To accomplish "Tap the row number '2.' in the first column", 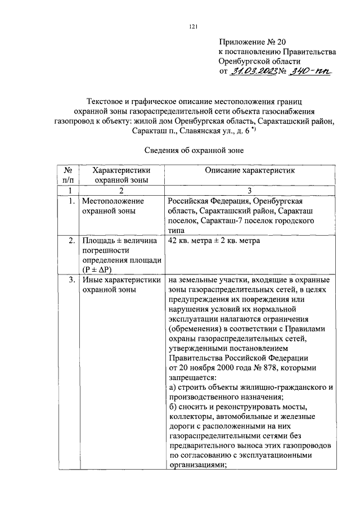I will point(71,241).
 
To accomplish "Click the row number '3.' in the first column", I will point(71,279).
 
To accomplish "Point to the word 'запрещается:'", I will point(191,377).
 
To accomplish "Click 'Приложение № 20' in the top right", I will point(254,41).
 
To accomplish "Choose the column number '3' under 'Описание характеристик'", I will point(250,191).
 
